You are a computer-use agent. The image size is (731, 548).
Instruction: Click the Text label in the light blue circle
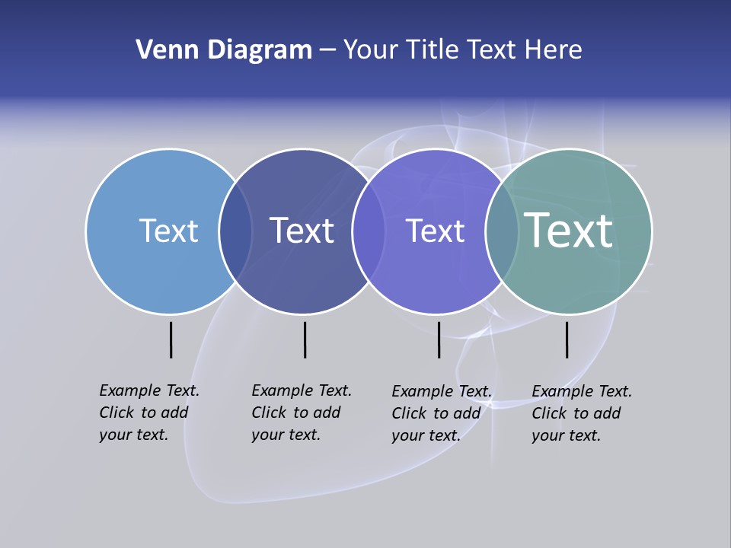pyautogui.click(x=168, y=231)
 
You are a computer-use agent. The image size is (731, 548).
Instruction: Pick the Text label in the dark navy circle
pyautogui.click(x=302, y=231)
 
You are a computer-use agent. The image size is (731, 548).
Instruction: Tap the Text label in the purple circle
pyautogui.click(x=435, y=231)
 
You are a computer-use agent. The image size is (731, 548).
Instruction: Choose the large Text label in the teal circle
pyautogui.click(x=569, y=230)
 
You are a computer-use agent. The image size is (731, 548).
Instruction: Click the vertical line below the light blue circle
pyautogui.click(x=171, y=339)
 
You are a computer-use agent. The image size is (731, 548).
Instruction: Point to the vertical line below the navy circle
pyautogui.click(x=305, y=339)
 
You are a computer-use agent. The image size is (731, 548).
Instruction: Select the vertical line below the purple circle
pyautogui.click(x=439, y=339)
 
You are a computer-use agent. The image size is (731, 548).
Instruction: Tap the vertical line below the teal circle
pyautogui.click(x=567, y=339)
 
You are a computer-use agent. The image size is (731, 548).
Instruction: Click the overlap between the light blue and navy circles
pyautogui.click(x=235, y=231)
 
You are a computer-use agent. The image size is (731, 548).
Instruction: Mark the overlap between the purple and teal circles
pyautogui.click(x=502, y=231)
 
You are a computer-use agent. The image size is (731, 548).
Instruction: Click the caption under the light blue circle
pyautogui.click(x=149, y=413)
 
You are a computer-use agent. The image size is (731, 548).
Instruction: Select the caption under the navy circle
pyautogui.click(x=302, y=413)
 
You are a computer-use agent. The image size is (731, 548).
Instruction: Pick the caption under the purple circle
pyautogui.click(x=442, y=413)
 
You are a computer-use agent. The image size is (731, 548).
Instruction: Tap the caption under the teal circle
pyautogui.click(x=582, y=413)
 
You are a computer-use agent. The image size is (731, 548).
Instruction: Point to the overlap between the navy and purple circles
pyautogui.click(x=367, y=231)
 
